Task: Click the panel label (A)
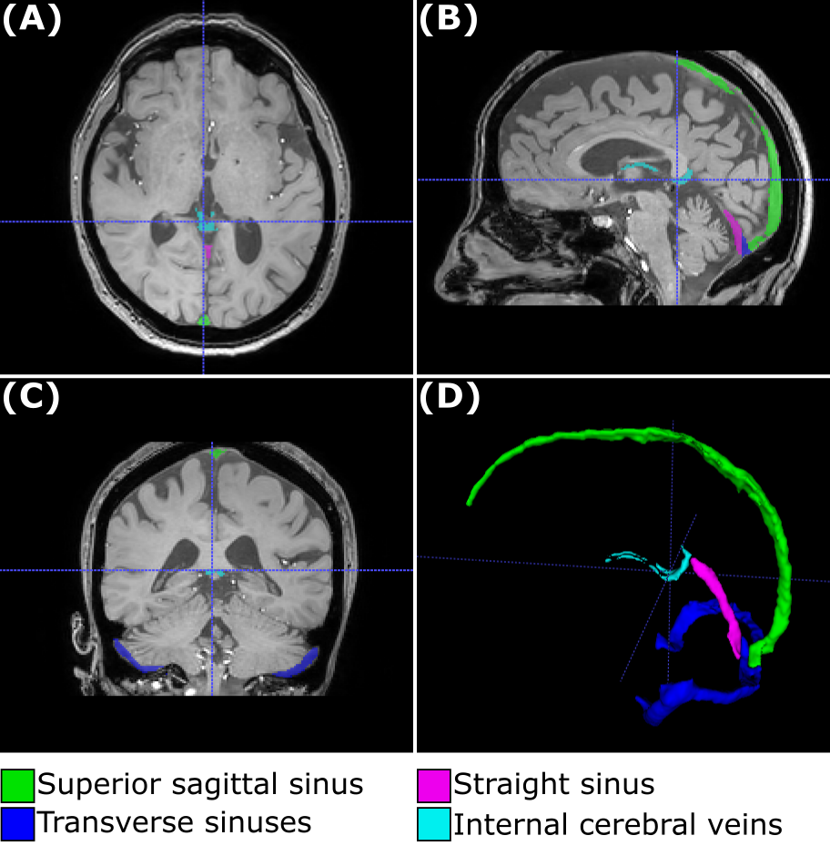[32, 20]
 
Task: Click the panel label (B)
[447, 20]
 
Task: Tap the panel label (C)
[32, 397]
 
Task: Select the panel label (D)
[447, 397]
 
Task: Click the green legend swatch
[18, 784]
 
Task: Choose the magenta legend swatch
[433, 784]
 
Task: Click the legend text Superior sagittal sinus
[200, 784]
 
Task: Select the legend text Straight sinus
[554, 784]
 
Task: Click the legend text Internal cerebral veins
[618, 824]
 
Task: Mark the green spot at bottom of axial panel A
[204, 320]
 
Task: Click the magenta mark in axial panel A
[208, 250]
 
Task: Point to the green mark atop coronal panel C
[217, 452]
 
